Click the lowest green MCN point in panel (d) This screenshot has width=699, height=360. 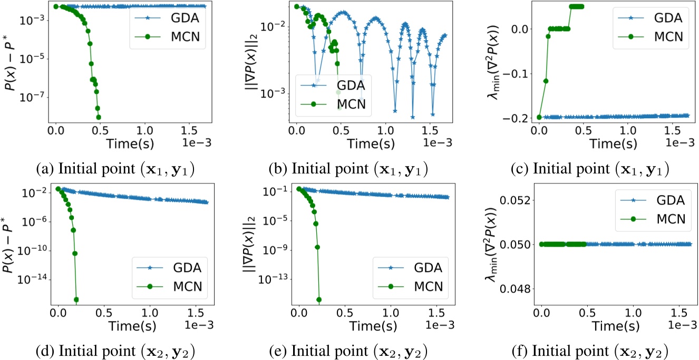pyautogui.click(x=76, y=299)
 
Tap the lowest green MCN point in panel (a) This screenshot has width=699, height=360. pyautogui.click(x=99, y=117)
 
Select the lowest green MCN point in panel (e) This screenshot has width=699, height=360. pyautogui.click(x=319, y=299)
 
